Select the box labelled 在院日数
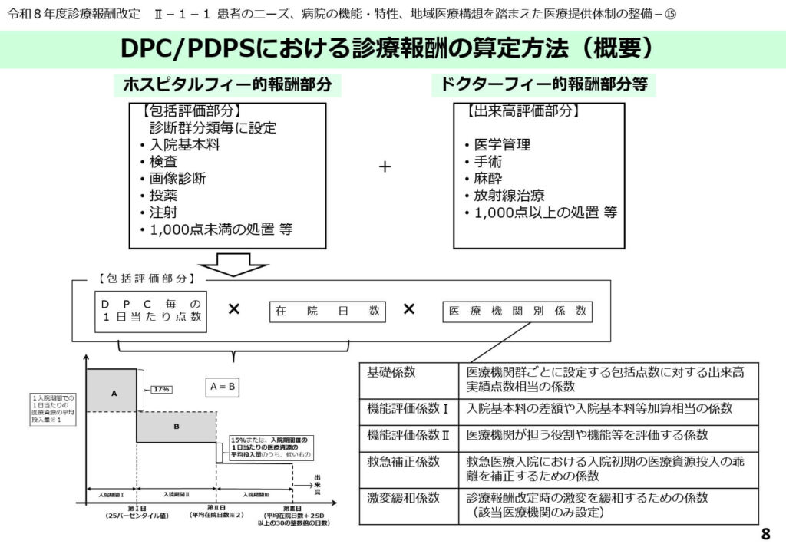pos(328,311)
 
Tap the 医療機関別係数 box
pos(517,311)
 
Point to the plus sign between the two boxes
pos(385,166)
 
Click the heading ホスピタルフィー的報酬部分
pos(227,85)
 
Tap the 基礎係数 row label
pos(391,372)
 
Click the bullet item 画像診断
pos(177,178)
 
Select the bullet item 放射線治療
pos(507,195)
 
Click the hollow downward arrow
pos(228,264)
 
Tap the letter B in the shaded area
pos(176,427)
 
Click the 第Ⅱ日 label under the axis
pos(217,508)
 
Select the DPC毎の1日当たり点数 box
pos(152,311)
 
